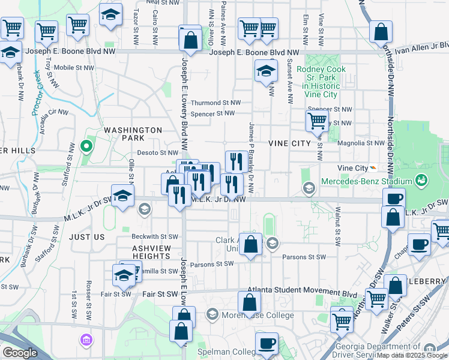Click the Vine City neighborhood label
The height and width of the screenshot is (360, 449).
[289, 143]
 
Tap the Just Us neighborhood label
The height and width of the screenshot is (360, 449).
[87, 237]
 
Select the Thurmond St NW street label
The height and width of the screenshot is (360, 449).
[215, 103]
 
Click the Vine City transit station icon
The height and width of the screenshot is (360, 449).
[373, 168]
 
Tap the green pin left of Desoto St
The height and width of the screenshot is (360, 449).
[86, 146]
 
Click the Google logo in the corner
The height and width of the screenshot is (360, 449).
[20, 353]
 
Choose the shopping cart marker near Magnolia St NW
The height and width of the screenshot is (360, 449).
[317, 121]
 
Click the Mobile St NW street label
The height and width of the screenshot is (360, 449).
[74, 68]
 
